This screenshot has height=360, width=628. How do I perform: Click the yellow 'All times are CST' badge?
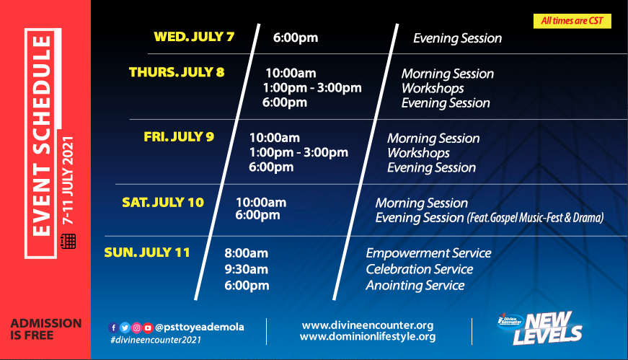click(572, 21)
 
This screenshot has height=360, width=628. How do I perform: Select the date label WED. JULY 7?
click(194, 37)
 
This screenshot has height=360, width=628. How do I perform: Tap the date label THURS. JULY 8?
click(177, 72)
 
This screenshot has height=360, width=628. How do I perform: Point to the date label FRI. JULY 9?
click(179, 136)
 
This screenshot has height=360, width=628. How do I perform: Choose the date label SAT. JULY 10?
click(163, 203)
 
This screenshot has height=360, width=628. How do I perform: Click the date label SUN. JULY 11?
click(147, 253)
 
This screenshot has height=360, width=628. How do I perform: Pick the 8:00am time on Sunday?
click(247, 253)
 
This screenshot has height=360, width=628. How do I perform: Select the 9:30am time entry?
click(247, 269)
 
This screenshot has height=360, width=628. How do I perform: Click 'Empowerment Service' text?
click(428, 253)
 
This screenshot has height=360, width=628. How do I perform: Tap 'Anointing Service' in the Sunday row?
click(415, 286)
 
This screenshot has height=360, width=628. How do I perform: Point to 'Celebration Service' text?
click(420, 269)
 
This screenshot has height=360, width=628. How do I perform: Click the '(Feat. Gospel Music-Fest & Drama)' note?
click(536, 218)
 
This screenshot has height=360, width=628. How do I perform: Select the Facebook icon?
click(113, 328)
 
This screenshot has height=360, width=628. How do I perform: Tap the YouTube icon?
click(148, 328)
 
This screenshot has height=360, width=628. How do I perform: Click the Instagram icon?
click(136, 328)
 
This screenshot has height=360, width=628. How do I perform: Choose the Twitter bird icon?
click(125, 328)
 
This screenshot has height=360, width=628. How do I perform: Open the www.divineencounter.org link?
click(368, 325)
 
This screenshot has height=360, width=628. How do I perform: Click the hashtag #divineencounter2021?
click(156, 340)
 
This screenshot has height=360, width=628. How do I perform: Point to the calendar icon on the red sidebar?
click(68, 242)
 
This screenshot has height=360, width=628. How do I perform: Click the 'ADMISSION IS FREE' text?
click(46, 329)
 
